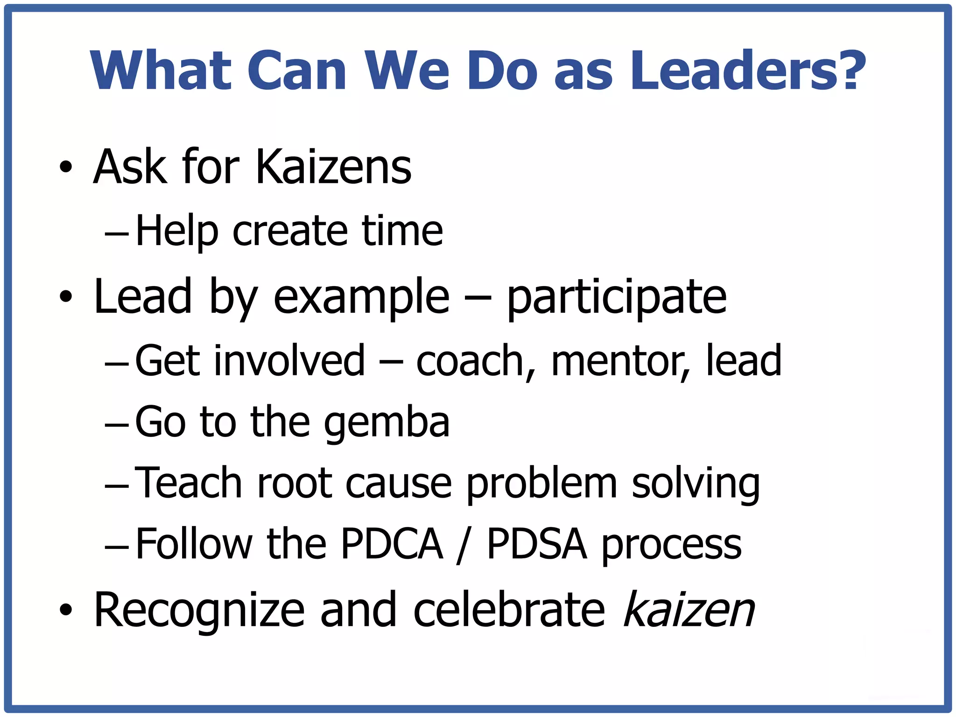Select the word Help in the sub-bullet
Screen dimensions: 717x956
177,231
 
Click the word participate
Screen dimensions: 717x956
617,297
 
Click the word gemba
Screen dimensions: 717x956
387,422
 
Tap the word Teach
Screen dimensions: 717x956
189,483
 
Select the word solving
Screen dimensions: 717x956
696,484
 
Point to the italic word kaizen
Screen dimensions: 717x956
689,610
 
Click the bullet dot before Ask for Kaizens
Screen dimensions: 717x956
66,167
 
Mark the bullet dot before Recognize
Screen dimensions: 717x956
66,610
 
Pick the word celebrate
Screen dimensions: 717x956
509,610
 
